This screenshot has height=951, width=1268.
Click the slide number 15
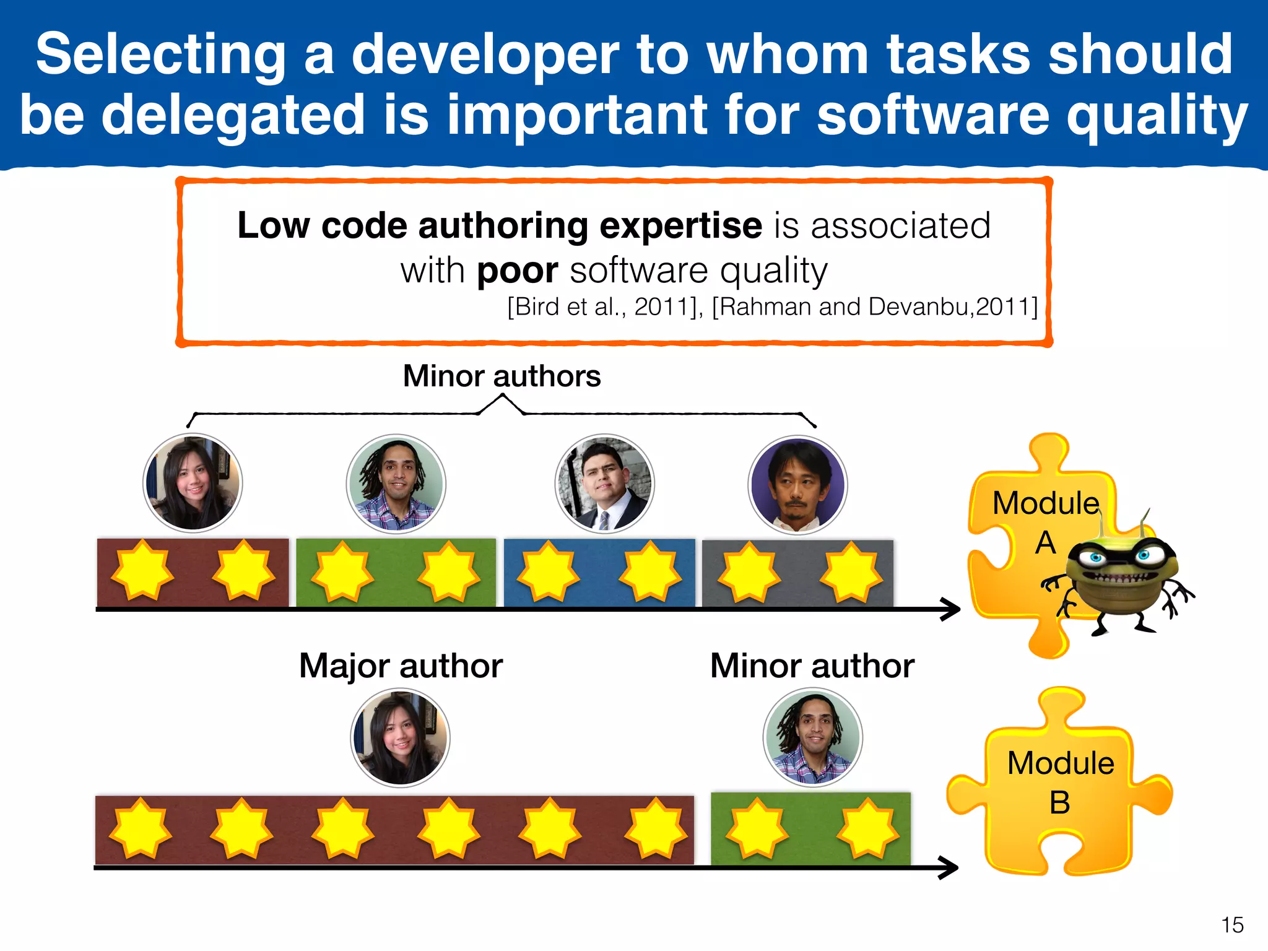(x=1232, y=925)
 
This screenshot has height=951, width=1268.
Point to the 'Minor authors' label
(x=502, y=376)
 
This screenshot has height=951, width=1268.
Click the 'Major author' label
(x=401, y=666)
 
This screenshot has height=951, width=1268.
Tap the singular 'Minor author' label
(x=812, y=666)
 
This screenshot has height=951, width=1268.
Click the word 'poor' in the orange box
(x=518, y=271)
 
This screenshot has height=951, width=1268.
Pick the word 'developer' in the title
(x=485, y=55)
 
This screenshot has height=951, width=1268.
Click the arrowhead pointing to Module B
(x=949, y=867)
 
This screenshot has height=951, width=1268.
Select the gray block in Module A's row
(x=797, y=573)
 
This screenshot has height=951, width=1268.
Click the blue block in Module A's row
(x=599, y=573)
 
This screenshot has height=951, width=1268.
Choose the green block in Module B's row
(x=810, y=828)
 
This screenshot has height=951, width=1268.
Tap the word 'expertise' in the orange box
(x=680, y=226)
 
